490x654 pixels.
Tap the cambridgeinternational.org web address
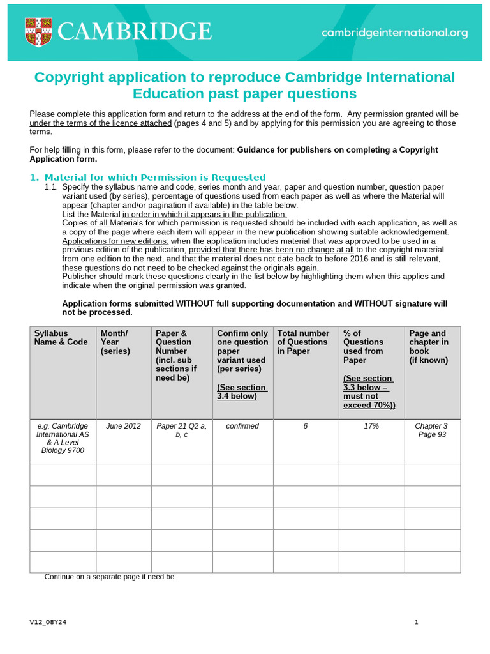(x=394, y=33)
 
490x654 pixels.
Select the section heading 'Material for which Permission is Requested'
(x=155, y=177)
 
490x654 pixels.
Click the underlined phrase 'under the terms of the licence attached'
(x=100, y=123)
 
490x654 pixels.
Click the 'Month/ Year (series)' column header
(x=115, y=342)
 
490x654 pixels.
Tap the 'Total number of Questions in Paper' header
(x=303, y=342)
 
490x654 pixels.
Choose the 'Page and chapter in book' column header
(x=429, y=346)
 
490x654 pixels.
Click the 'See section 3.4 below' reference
(x=242, y=392)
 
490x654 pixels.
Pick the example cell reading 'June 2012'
(x=123, y=426)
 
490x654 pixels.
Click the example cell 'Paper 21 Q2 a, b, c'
(x=181, y=430)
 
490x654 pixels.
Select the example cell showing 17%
(x=371, y=426)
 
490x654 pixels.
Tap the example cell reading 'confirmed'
(x=242, y=426)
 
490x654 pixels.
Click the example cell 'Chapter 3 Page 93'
(x=432, y=430)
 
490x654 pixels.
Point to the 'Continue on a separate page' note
(x=109, y=577)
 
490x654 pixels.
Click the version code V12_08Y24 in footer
(x=48, y=622)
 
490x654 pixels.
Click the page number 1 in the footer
(x=416, y=622)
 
